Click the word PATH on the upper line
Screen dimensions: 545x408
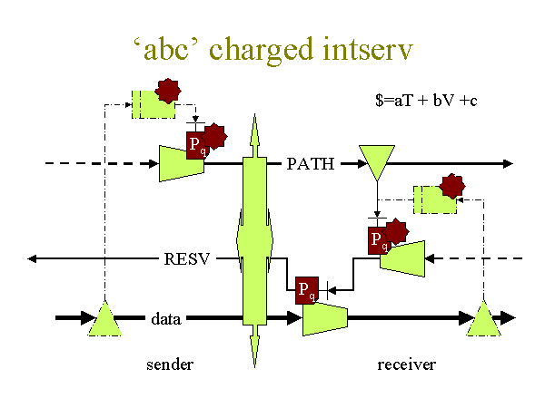311,164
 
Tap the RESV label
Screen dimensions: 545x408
187,258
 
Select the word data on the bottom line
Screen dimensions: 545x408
166,319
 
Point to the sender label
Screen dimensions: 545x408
170,364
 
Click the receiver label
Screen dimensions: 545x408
406,364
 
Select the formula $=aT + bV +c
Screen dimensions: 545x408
426,101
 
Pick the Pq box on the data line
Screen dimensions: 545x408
307,290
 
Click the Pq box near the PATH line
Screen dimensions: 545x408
198,145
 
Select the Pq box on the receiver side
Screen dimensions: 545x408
379,240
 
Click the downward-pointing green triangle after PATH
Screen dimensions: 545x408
377,160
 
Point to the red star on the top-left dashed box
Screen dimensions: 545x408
168,91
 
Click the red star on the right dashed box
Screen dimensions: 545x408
451,186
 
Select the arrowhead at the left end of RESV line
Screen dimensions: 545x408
32,258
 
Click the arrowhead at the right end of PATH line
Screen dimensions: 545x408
508,164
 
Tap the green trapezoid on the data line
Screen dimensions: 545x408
325,318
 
